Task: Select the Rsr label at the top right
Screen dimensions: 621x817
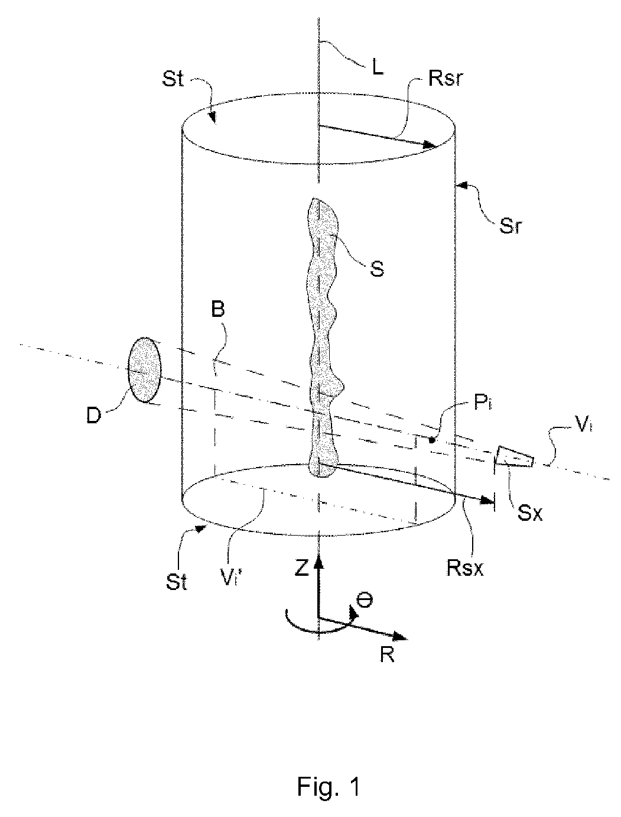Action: [x=445, y=78]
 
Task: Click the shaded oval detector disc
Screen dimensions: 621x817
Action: [x=145, y=369]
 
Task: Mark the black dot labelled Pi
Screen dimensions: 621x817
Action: [x=432, y=440]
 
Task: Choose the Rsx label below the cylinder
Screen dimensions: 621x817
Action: [x=465, y=569]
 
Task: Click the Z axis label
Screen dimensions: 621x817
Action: [x=301, y=569]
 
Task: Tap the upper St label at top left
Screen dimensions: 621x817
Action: [x=173, y=79]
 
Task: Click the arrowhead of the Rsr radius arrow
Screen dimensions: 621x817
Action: [x=431, y=145]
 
